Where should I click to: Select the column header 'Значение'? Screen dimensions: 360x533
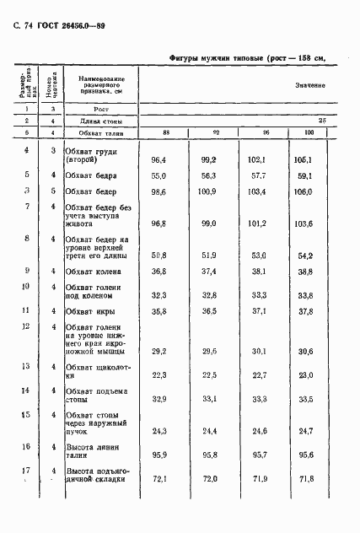click(x=310, y=87)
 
